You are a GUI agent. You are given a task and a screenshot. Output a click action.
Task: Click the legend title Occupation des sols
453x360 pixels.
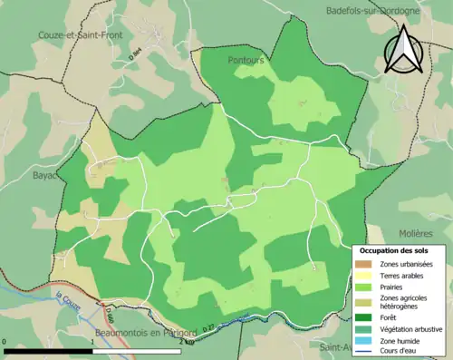pos(397,249)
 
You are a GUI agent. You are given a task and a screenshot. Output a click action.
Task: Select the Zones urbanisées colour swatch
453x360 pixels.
pos(366,263)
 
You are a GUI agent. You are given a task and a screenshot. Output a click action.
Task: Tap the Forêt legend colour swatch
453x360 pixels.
pos(366,317)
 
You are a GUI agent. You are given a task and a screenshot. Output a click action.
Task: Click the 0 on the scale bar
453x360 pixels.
pos(6,342)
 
